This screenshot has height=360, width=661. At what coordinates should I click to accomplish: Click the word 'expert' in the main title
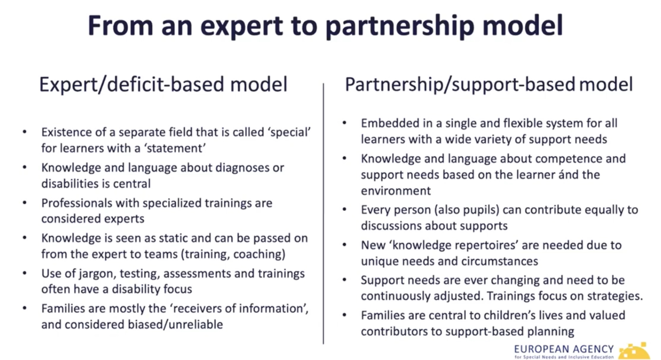tap(242, 27)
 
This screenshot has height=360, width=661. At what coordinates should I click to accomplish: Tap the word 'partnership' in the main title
tap(400, 27)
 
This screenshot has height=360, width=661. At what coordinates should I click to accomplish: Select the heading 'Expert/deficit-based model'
tap(163, 84)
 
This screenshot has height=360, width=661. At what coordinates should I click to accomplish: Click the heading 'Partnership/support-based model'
tap(489, 84)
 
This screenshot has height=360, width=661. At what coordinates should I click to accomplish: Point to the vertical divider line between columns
tap(323, 213)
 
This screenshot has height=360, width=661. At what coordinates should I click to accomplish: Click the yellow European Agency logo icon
tap(634, 351)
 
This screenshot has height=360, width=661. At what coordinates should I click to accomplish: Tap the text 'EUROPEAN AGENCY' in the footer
tap(564, 349)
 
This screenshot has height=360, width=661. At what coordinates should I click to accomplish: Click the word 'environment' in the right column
tap(396, 191)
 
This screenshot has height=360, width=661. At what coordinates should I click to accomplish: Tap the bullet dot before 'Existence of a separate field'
tap(24, 132)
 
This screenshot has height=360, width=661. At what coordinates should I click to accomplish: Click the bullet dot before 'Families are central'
tap(344, 315)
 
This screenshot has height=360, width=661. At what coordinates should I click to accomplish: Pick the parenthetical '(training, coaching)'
tap(233, 254)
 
